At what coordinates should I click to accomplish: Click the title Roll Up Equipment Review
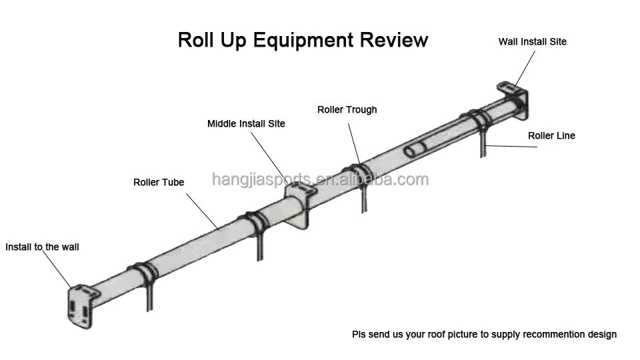[303, 40]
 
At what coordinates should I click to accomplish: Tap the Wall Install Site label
[532, 41]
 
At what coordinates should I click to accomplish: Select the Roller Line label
[551, 136]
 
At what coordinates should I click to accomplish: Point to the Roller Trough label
[347, 109]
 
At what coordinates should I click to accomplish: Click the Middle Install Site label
[246, 124]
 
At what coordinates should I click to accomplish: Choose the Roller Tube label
[159, 182]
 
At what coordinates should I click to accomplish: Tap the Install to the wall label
[42, 247]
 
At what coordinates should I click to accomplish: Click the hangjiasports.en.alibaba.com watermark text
[320, 179]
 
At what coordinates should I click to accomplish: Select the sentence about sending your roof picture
[484, 334]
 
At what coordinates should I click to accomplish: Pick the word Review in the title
[394, 40]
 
